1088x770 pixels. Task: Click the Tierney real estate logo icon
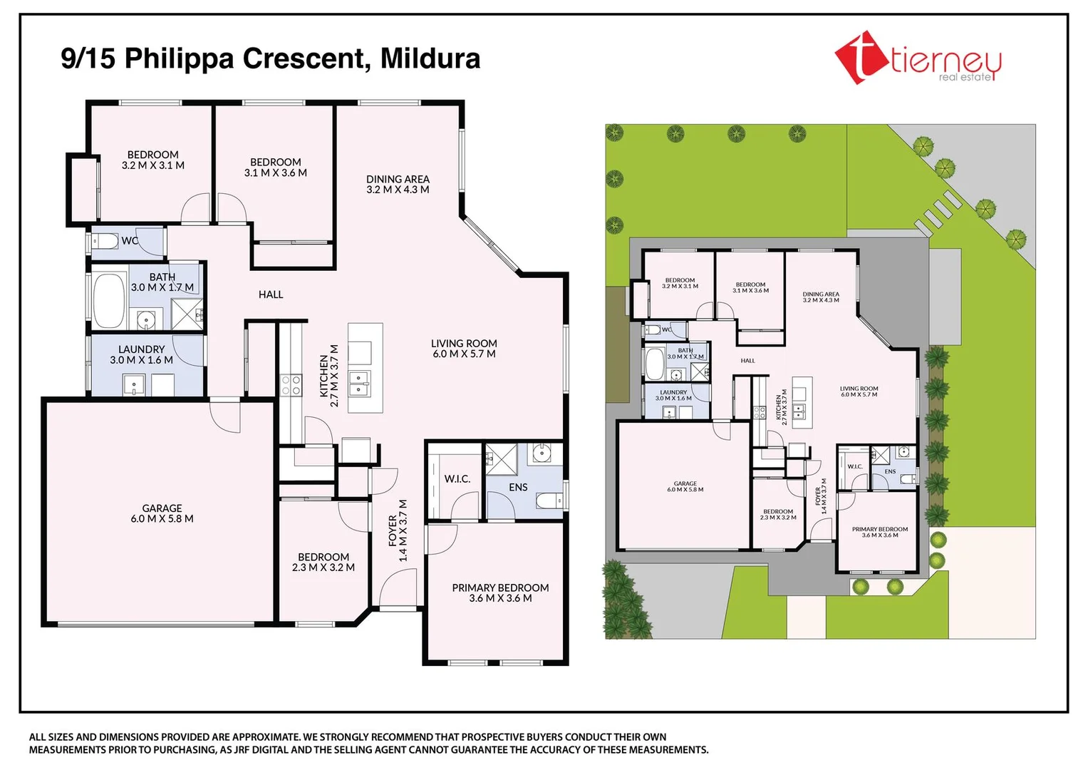(861, 58)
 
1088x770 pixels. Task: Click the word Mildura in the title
(430, 58)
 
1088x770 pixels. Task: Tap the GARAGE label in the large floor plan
(162, 508)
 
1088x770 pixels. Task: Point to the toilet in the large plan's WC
(105, 241)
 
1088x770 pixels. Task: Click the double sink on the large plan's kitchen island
(359, 384)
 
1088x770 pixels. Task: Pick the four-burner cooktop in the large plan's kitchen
(291, 385)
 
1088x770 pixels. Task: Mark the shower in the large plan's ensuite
(501, 458)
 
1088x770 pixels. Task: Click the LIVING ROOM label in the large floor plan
(464, 343)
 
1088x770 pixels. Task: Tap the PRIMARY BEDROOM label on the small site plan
(880, 529)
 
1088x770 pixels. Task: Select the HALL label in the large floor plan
(271, 294)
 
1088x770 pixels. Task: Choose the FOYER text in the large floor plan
(393, 531)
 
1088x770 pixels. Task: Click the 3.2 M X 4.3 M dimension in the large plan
(398, 190)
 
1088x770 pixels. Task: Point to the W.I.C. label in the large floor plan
(457, 478)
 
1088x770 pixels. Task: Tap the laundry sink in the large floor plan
(134, 386)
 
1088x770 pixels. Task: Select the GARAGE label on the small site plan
(685, 483)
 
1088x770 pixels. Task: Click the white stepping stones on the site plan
(937, 210)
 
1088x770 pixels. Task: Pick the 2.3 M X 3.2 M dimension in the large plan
(323, 568)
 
